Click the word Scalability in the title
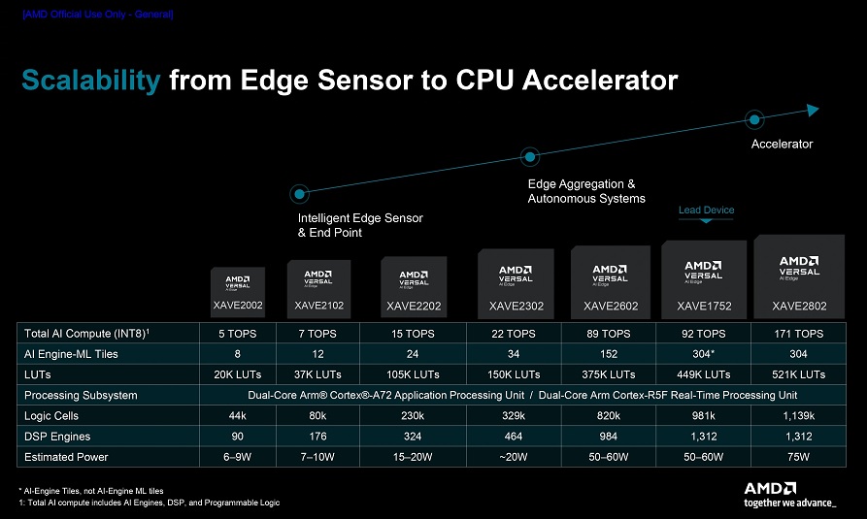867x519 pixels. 91,81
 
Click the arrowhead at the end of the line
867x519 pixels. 813,110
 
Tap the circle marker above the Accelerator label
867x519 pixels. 754,118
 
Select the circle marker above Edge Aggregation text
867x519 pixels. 530,157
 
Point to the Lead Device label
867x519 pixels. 706,211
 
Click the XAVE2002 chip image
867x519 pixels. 238,292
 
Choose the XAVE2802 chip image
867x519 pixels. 799,276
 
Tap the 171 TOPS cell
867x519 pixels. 798,334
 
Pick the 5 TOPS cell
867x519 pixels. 237,334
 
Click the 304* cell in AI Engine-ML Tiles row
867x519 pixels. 703,354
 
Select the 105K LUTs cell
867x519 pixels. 413,374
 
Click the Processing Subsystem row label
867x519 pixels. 81,395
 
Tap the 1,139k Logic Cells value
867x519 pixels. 798,415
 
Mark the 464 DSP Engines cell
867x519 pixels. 514,437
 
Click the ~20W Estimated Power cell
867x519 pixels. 514,457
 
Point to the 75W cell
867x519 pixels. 798,457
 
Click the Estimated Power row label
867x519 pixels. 66,457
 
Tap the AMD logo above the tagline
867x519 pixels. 770,489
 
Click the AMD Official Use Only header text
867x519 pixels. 98,15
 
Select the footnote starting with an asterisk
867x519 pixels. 91,491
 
